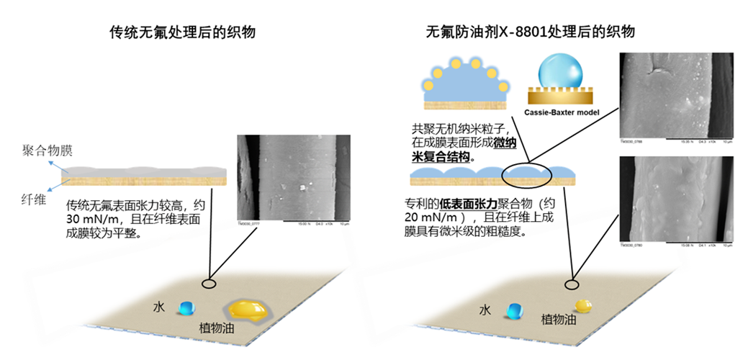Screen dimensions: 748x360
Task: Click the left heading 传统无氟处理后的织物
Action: tap(181, 32)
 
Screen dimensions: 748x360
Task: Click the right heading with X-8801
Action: tap(530, 32)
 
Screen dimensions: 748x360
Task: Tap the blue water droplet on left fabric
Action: tap(187, 307)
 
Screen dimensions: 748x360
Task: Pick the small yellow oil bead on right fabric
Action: tap(584, 307)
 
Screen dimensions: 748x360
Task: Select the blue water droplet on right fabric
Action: tap(515, 311)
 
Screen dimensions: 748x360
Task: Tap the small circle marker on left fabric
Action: tap(209, 284)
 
